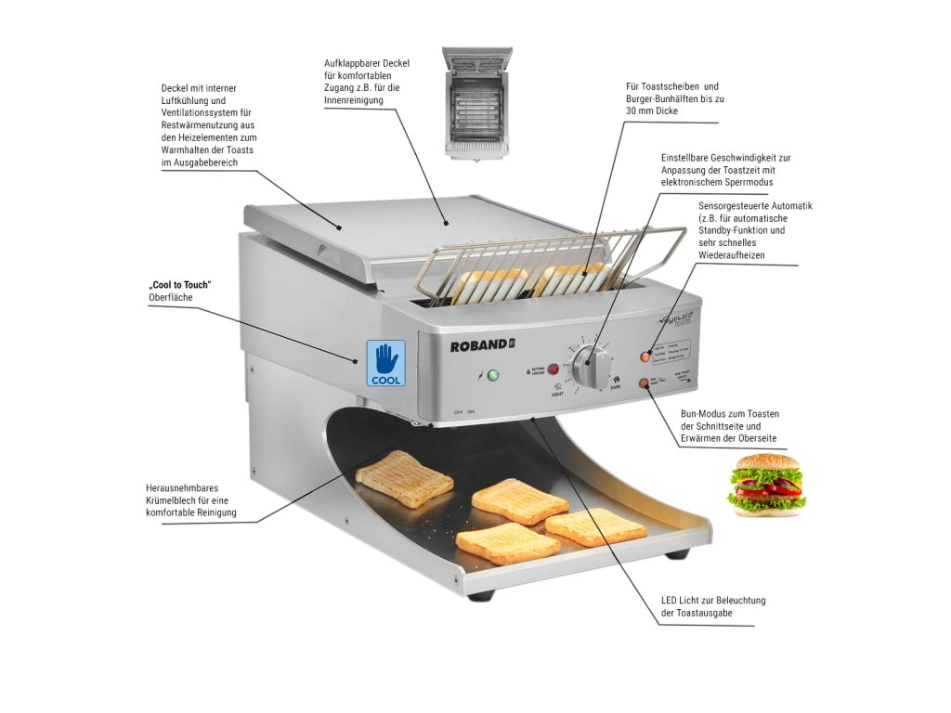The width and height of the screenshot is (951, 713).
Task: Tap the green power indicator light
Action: click(x=492, y=376)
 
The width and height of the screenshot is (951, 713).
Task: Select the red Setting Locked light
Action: click(x=554, y=368)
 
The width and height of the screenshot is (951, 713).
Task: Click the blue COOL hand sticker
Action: click(x=386, y=363)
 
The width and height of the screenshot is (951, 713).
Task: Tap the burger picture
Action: click(x=766, y=485)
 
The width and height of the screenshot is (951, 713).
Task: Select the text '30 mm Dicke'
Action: click(x=652, y=110)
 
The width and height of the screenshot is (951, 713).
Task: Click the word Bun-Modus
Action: click(x=706, y=413)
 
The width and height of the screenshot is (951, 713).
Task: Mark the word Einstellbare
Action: click(x=690, y=158)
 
